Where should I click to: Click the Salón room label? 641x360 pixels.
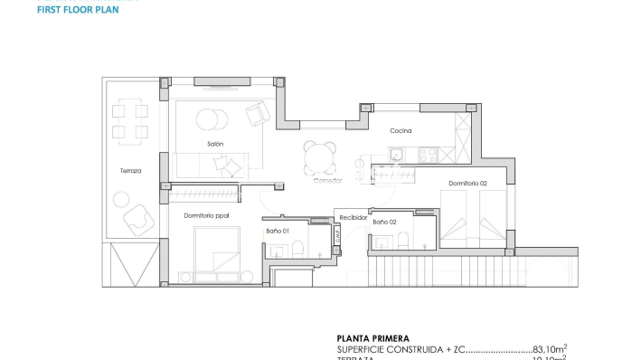[x=214, y=144]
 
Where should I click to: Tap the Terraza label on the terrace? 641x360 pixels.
[x=130, y=171]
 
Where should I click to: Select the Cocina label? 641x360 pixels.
[x=401, y=131]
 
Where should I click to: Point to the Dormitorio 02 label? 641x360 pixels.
[x=467, y=184]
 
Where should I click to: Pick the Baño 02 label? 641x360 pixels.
[x=385, y=222]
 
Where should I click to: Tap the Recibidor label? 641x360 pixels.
[x=352, y=218]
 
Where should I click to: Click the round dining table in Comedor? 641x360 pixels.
[x=319, y=158]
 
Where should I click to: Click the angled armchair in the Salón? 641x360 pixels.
[x=257, y=113]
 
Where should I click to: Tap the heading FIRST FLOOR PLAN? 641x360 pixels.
[x=78, y=12]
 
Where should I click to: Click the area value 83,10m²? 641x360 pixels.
[x=549, y=348]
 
